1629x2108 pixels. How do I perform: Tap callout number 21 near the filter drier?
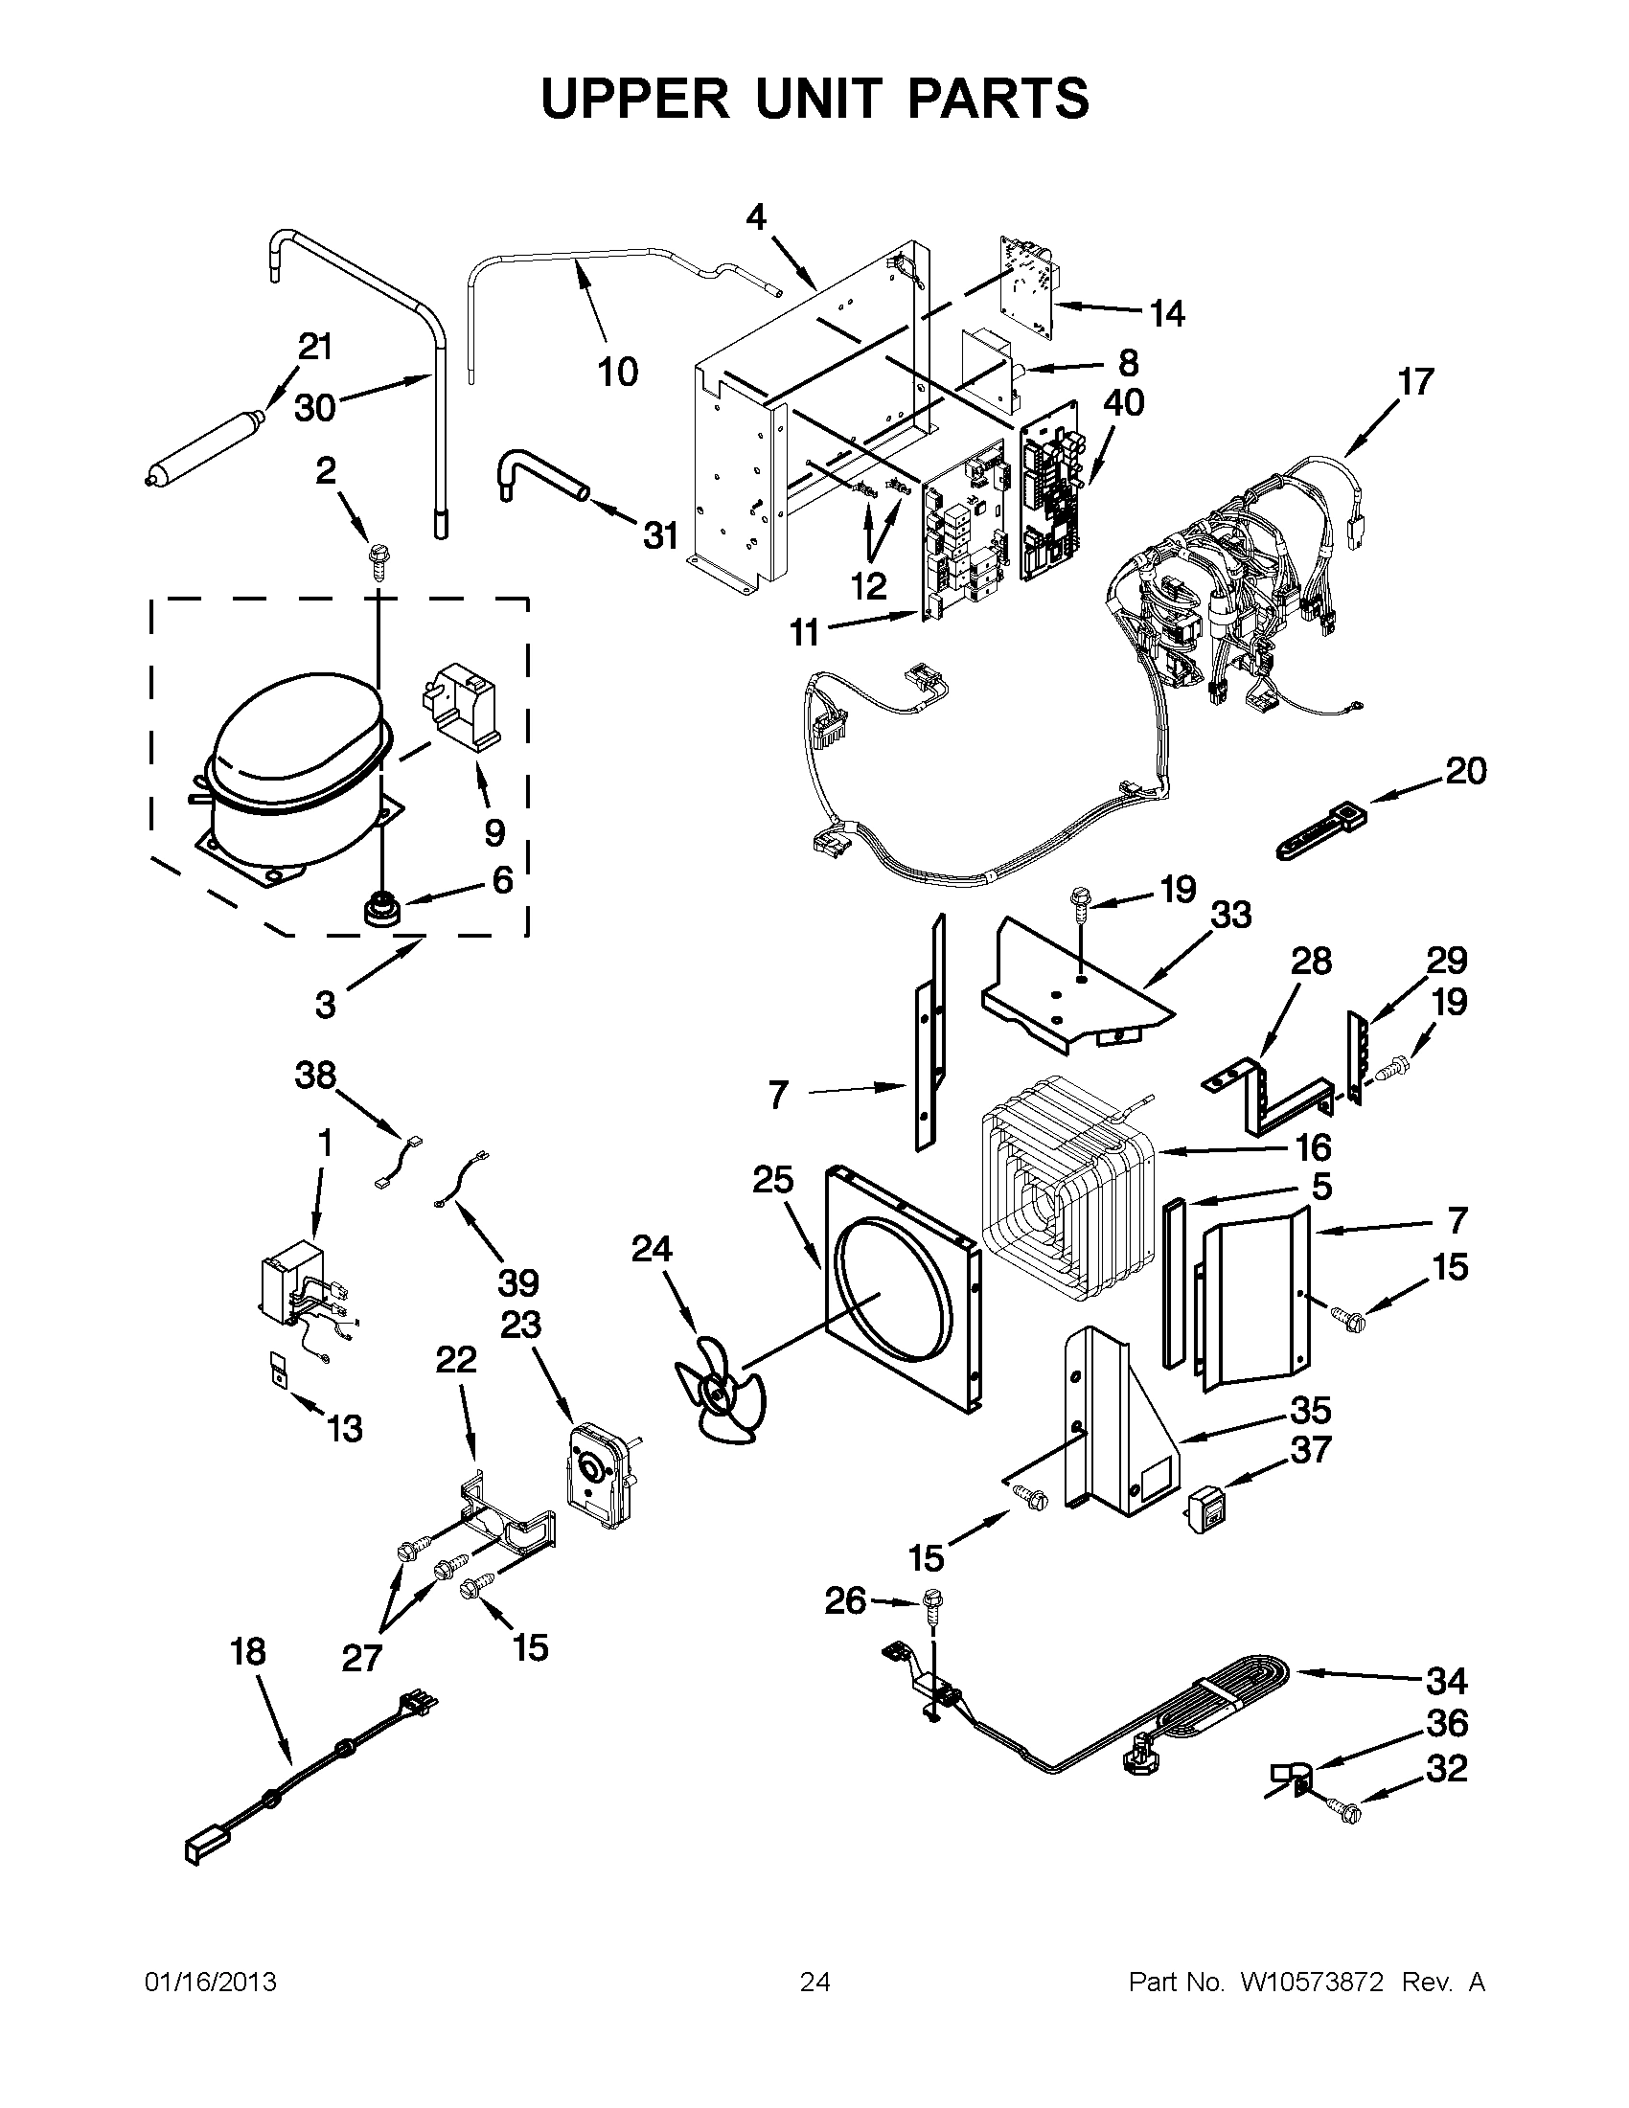[x=314, y=347]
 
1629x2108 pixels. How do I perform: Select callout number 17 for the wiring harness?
[x=1416, y=382]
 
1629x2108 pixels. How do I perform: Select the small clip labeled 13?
[x=279, y=1370]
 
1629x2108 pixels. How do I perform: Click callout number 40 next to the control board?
[x=1125, y=402]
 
